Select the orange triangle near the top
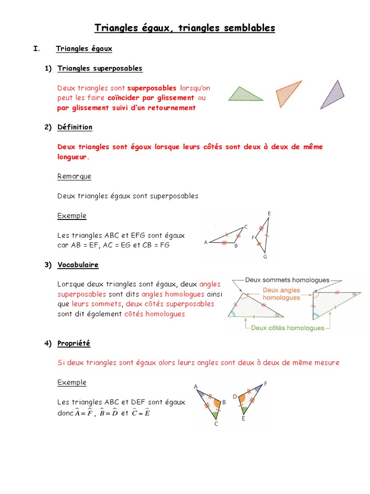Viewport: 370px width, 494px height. (x=287, y=93)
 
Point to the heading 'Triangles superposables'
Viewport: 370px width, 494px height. (x=100, y=69)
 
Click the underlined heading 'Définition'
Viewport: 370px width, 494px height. (x=75, y=127)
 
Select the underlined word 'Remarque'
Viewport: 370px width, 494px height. (x=74, y=177)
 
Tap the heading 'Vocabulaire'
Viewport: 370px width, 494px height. (x=78, y=265)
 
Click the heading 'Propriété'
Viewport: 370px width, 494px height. (x=74, y=343)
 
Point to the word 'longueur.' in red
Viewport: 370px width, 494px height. (x=73, y=157)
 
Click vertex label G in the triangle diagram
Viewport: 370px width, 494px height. (x=265, y=257)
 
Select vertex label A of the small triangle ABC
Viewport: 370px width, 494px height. (x=206, y=242)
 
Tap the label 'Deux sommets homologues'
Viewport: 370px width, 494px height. (x=287, y=280)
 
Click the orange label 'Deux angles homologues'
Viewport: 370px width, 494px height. (x=281, y=294)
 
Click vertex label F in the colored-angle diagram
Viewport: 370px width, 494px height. (x=265, y=384)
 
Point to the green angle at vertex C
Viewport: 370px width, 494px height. (x=214, y=414)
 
